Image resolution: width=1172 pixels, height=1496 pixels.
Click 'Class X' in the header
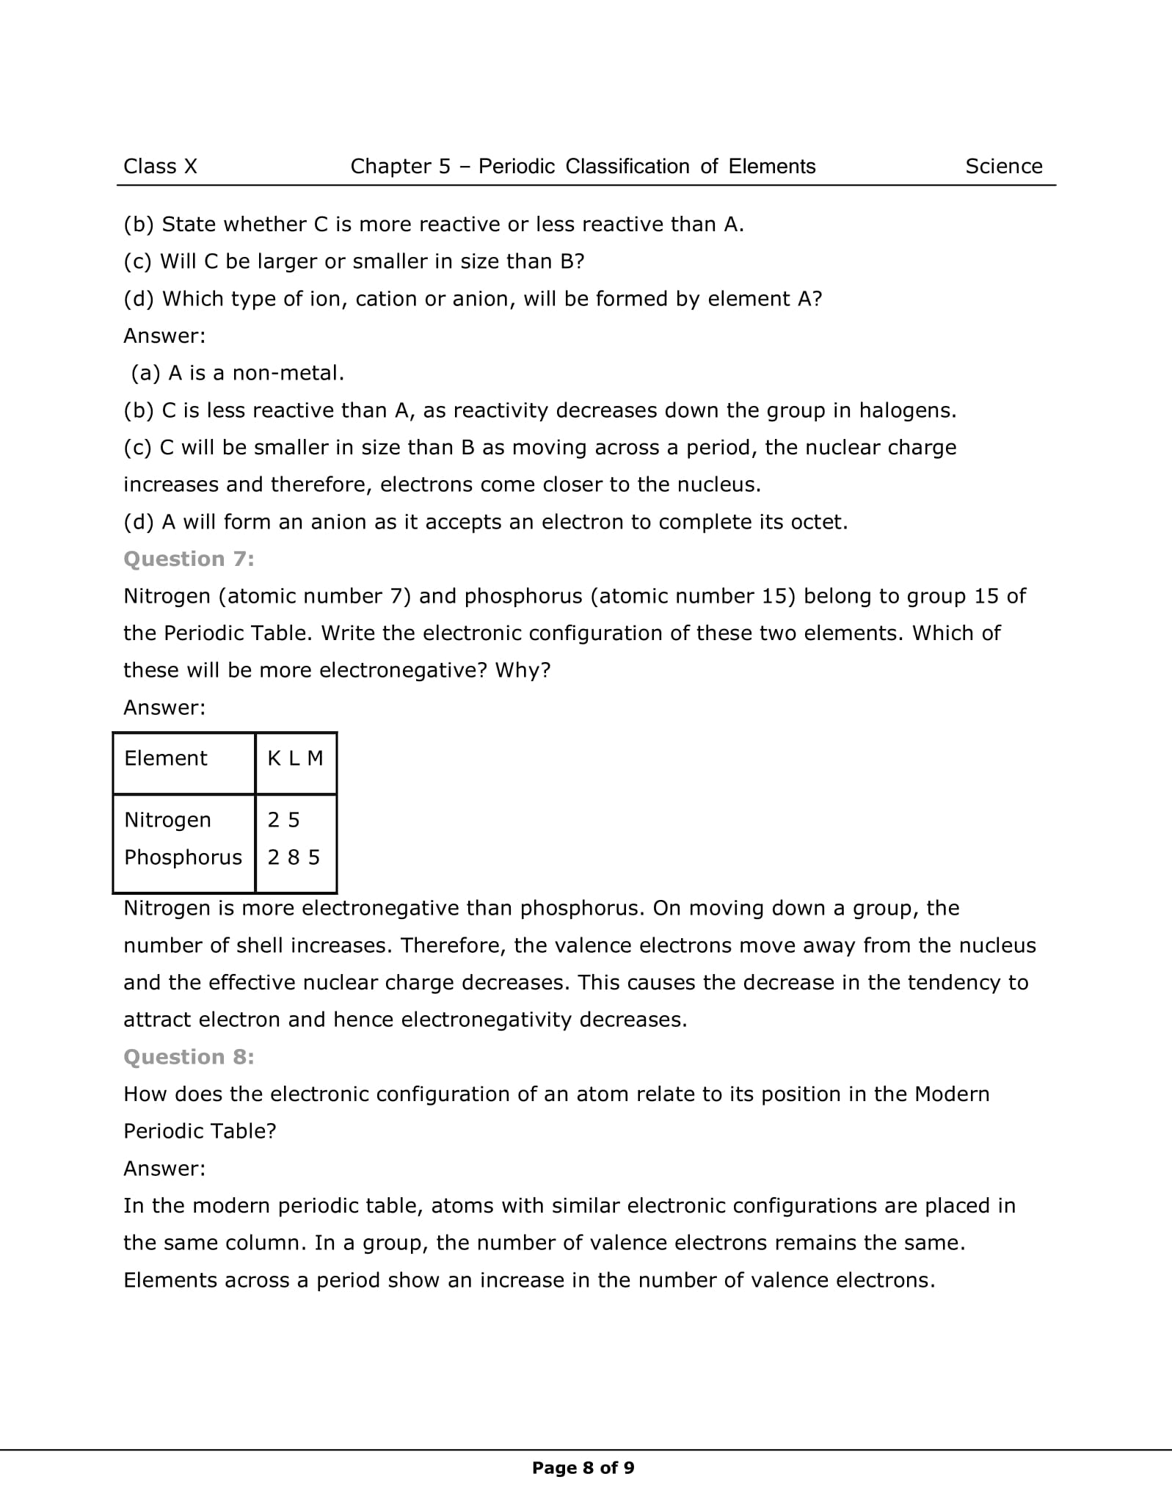(160, 167)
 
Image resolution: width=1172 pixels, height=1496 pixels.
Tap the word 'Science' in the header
(1003, 167)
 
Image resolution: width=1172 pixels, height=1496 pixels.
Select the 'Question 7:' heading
(189, 559)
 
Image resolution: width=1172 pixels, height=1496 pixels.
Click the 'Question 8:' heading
(189, 1057)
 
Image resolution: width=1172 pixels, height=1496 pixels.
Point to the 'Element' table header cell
(166, 758)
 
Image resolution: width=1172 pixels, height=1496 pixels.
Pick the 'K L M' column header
(295, 758)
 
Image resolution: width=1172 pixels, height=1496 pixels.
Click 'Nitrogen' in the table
(167, 820)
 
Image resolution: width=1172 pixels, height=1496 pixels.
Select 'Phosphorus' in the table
(183, 857)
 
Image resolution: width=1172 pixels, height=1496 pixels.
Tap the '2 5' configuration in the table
(283, 820)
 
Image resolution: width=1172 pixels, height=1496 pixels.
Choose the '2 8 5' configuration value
(294, 857)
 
